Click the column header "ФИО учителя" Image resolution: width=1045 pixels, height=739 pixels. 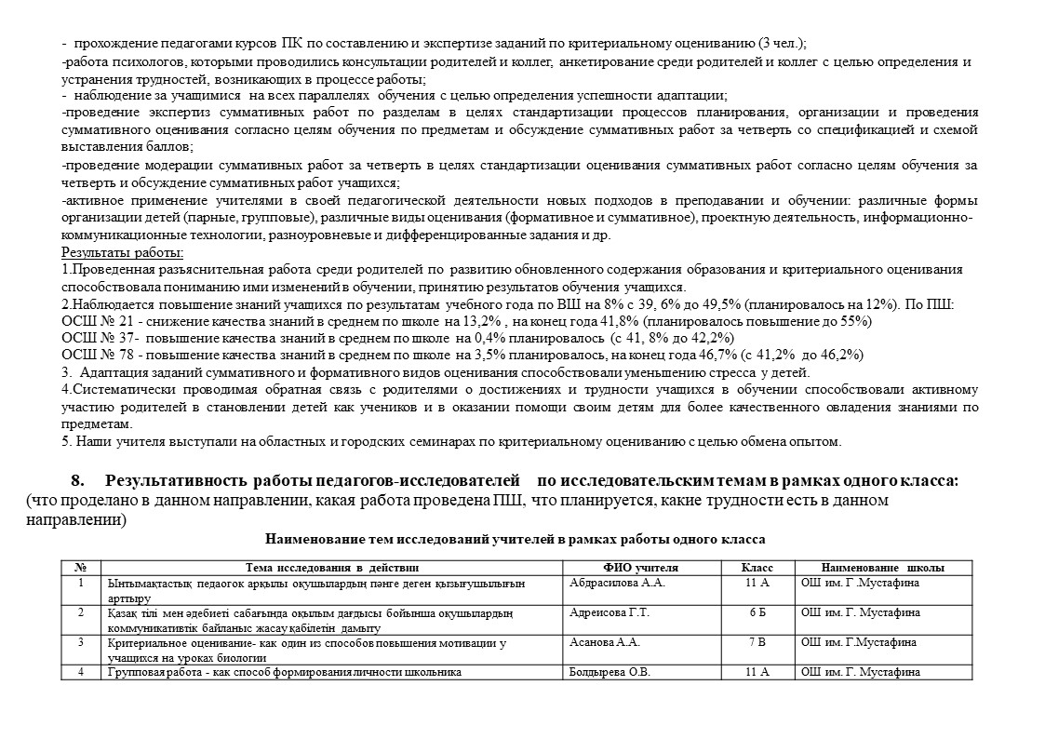point(641,567)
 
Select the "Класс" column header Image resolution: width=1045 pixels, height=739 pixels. point(757,567)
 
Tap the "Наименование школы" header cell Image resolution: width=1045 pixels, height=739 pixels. point(883,567)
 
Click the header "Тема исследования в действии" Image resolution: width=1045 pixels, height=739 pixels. point(332,567)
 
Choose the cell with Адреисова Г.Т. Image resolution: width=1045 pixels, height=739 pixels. point(609,612)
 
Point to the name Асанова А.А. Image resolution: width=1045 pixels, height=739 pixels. point(604,642)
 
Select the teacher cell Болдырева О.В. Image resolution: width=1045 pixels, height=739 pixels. point(610,672)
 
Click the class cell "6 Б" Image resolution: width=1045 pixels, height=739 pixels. point(757,612)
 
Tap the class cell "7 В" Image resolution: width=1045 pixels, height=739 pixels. point(757,642)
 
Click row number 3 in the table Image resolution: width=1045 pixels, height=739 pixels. point(82,642)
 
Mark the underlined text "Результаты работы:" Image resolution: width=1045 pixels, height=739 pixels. point(123,252)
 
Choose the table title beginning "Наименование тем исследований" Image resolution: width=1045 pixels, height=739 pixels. point(516,539)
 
